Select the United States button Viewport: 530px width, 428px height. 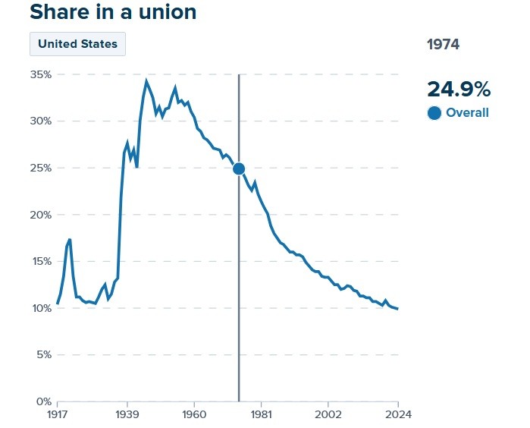point(77,44)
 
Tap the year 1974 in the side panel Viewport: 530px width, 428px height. point(443,44)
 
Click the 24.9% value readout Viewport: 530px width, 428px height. point(459,89)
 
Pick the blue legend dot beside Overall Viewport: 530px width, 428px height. point(434,113)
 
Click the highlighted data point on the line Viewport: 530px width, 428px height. point(239,168)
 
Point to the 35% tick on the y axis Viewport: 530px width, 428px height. point(40,74)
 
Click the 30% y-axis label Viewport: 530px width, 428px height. point(40,121)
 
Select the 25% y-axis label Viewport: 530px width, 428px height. point(40,168)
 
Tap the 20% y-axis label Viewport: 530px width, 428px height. point(40,215)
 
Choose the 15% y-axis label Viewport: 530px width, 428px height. point(40,261)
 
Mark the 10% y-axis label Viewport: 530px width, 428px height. point(40,308)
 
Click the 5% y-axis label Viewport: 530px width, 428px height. point(42,354)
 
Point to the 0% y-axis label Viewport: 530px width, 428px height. point(42,401)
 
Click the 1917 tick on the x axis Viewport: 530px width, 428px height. point(58,414)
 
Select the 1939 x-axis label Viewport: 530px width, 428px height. point(127,414)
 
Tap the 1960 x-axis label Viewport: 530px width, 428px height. point(194,414)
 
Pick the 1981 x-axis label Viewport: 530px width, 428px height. point(261,414)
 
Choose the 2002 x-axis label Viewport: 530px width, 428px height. point(328,414)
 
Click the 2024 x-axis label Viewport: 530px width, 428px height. point(397,414)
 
